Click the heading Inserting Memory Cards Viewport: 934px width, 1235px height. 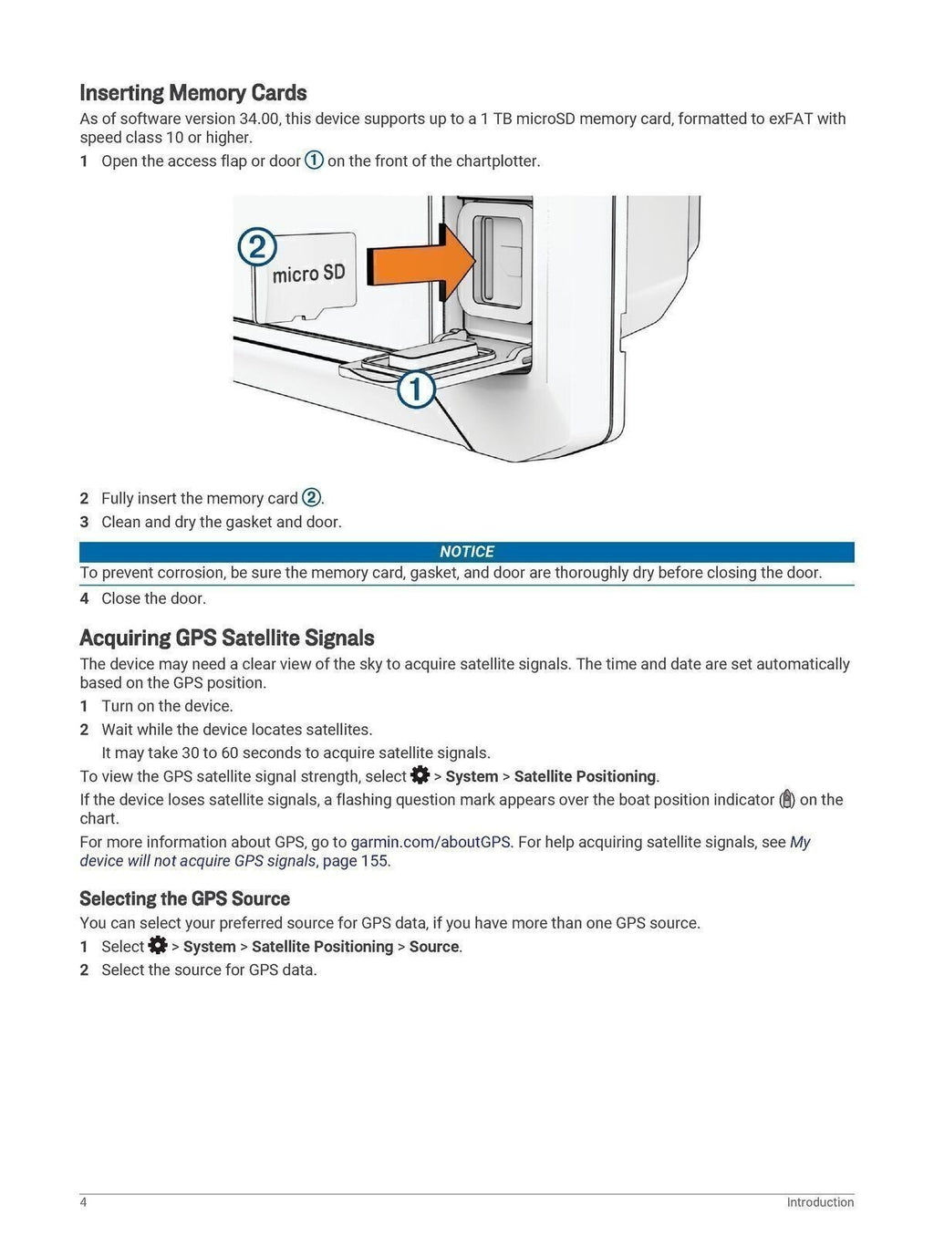coord(192,93)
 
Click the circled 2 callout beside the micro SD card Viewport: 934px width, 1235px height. coord(257,247)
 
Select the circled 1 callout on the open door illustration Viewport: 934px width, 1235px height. coord(416,389)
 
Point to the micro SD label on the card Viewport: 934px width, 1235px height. coord(308,273)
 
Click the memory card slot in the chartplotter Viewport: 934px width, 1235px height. coord(489,258)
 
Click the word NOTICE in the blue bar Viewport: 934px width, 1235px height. coord(466,552)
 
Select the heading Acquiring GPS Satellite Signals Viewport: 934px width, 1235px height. coord(226,638)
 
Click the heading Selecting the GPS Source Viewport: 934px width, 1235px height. coord(184,898)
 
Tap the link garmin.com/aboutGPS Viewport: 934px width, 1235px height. coord(430,842)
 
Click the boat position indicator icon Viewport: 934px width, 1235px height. coord(787,800)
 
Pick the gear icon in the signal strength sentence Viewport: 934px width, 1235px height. coord(420,775)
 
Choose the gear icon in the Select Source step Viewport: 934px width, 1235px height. coord(158,945)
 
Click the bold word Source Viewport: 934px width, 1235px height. coord(433,947)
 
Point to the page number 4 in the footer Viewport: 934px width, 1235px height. coord(84,1202)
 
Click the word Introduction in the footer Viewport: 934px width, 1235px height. coord(820,1202)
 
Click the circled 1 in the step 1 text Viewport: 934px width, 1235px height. coord(314,161)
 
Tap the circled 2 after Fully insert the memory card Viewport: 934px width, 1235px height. coord(311,498)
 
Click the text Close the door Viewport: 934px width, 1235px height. coord(153,598)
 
